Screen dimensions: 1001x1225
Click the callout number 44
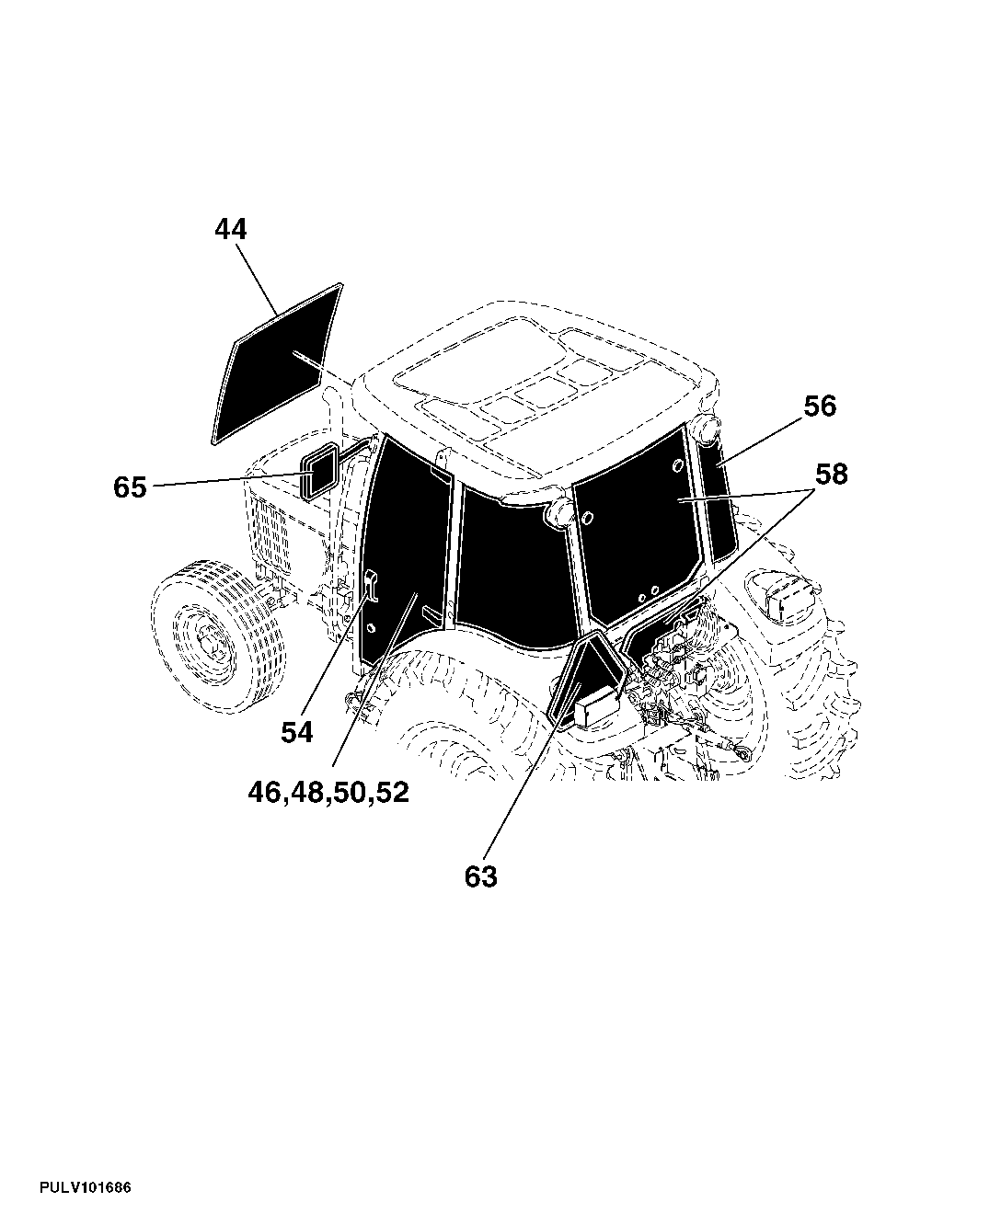click(x=231, y=229)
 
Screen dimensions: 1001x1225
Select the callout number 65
click(x=130, y=487)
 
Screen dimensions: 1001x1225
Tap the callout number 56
click(x=820, y=406)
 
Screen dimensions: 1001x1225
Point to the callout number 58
click(x=832, y=474)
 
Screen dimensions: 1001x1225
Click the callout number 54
click(x=297, y=732)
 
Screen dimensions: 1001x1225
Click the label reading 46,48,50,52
click(x=328, y=793)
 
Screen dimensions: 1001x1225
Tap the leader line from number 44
click(x=256, y=279)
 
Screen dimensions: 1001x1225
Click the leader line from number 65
click(x=227, y=480)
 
